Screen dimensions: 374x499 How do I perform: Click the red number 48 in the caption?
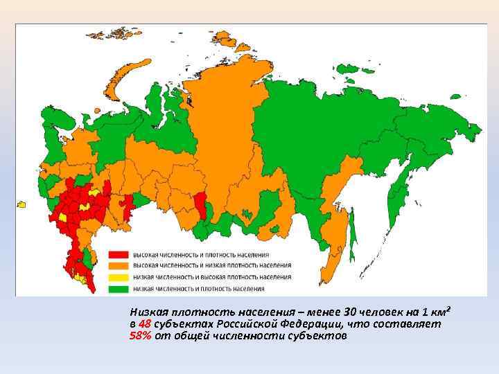(144, 324)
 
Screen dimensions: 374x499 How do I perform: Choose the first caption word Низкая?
(150, 312)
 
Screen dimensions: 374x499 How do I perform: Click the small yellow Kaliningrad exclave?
(21, 204)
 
